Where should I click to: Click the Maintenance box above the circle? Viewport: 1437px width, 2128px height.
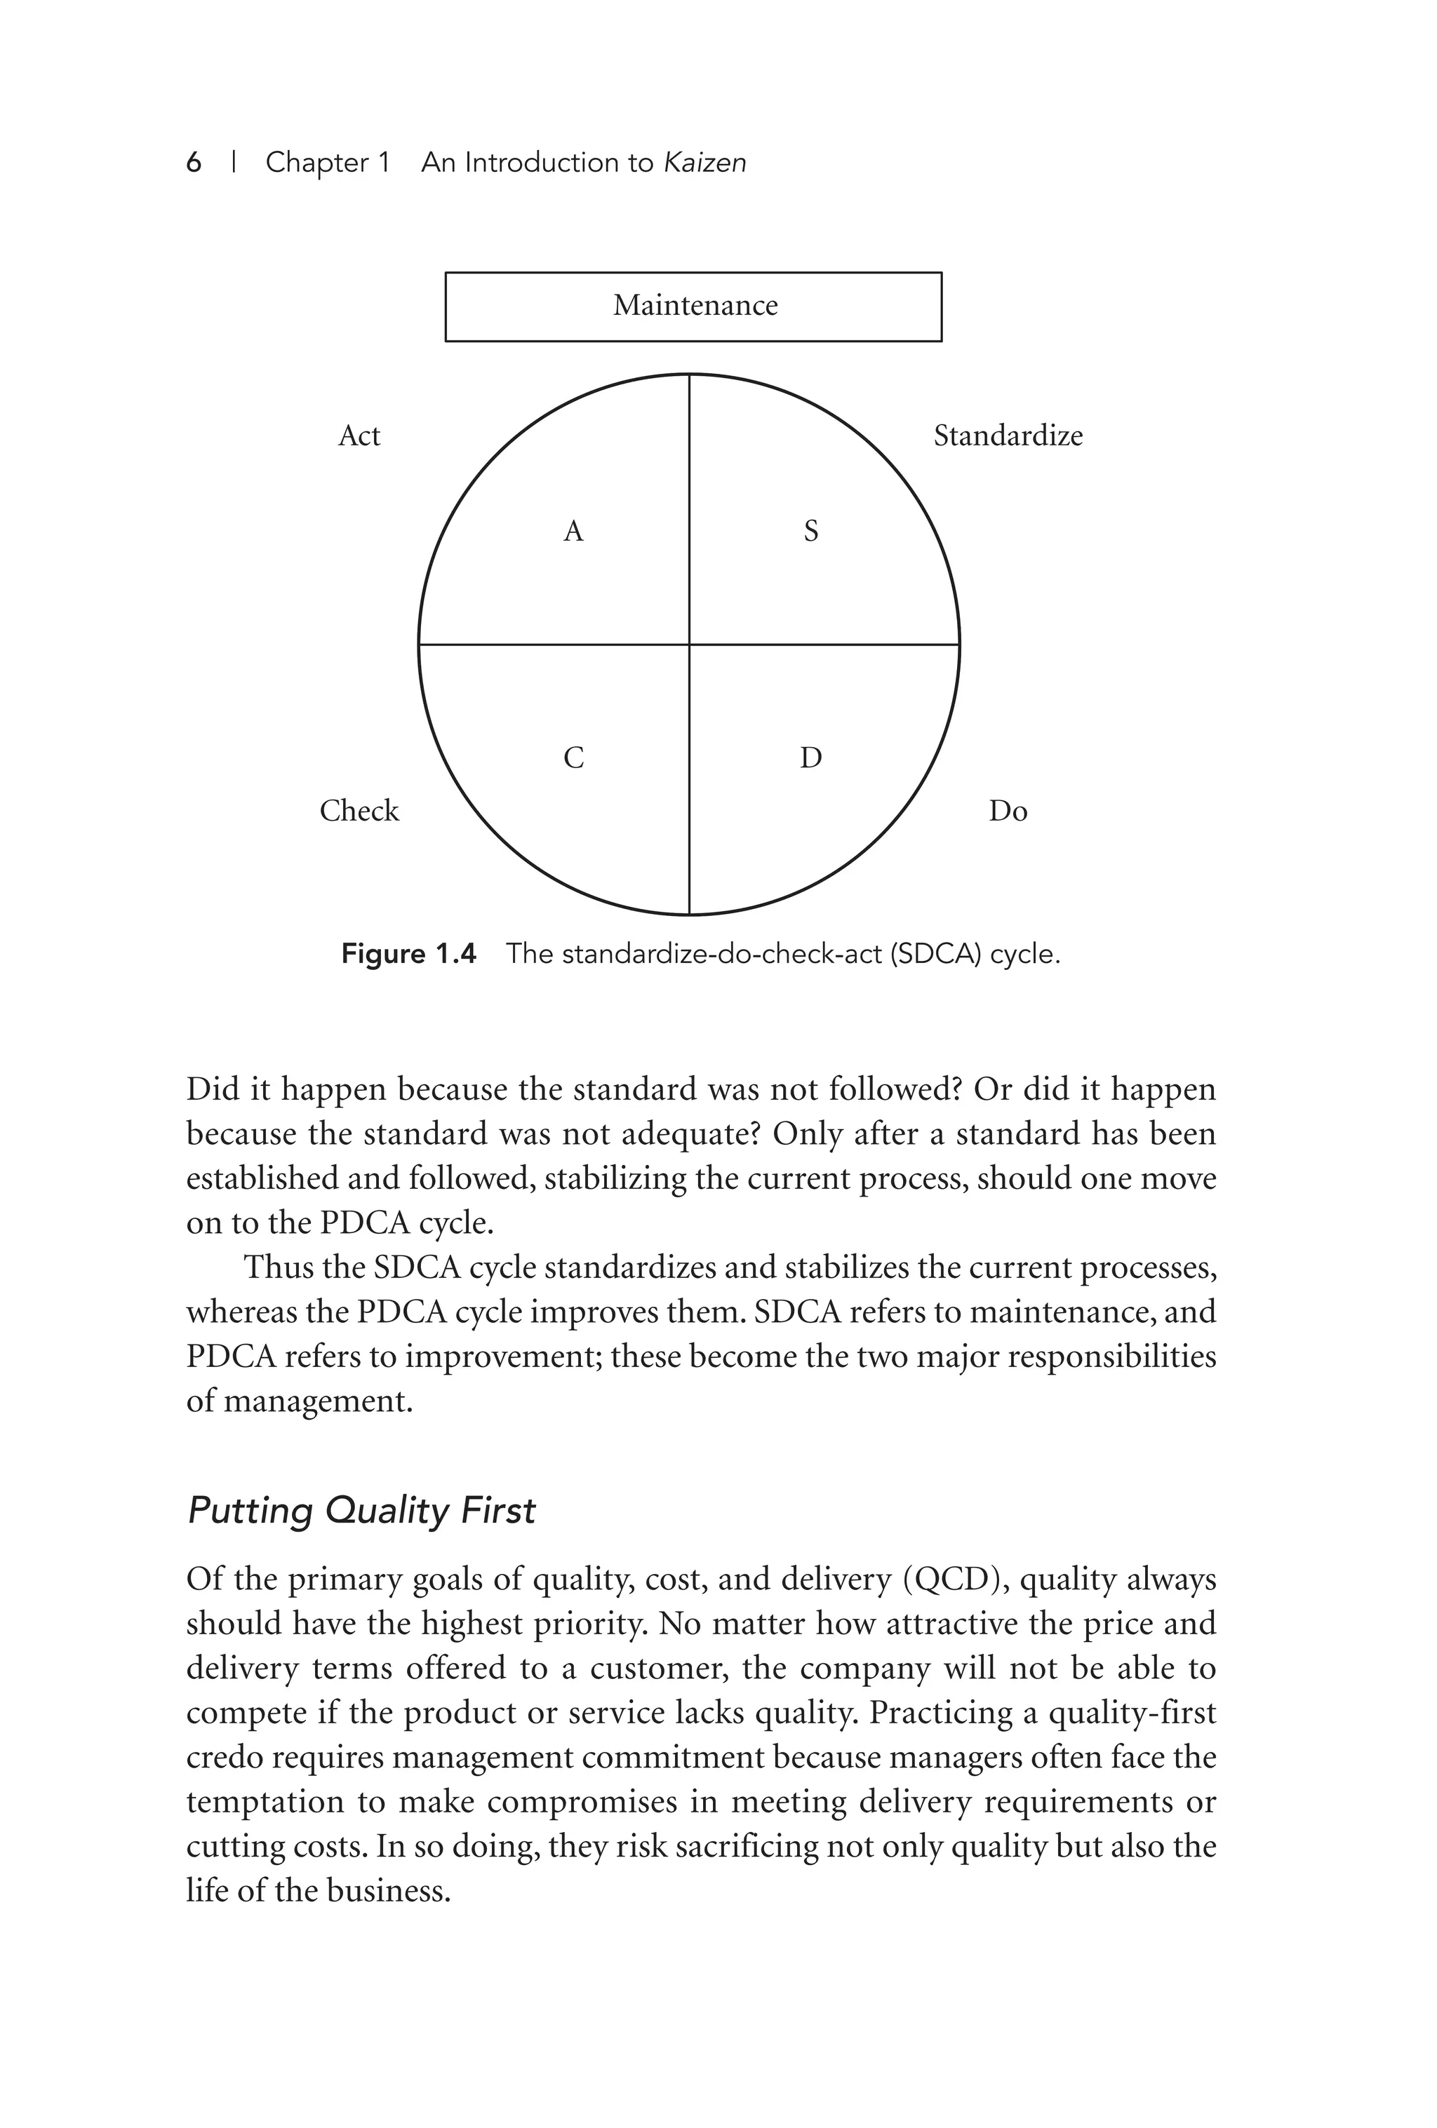pyautogui.click(x=693, y=306)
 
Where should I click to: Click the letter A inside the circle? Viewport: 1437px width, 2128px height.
pyautogui.click(x=573, y=531)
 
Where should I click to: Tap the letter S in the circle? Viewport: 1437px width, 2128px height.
pyautogui.click(x=810, y=531)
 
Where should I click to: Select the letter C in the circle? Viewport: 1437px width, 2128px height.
pyautogui.click(x=573, y=758)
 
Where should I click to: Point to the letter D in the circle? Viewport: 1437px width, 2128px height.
pyautogui.click(x=810, y=758)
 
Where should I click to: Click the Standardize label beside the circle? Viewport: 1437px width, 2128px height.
pyautogui.click(x=1008, y=436)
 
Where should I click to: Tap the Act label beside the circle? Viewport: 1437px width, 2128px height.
pyautogui.click(x=359, y=436)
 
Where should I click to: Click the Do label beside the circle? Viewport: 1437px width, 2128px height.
pyautogui.click(x=1008, y=812)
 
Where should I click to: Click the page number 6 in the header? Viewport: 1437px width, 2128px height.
pyautogui.click(x=193, y=163)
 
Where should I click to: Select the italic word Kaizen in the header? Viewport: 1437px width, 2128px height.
pyautogui.click(x=704, y=163)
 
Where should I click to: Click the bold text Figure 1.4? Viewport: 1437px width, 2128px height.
pyautogui.click(x=408, y=954)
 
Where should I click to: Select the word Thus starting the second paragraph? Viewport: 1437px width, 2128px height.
pyautogui.click(x=276, y=1267)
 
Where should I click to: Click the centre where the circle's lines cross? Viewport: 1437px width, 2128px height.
pyautogui.click(x=689, y=645)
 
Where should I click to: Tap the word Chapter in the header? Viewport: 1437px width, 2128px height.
pyautogui.click(x=328, y=163)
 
